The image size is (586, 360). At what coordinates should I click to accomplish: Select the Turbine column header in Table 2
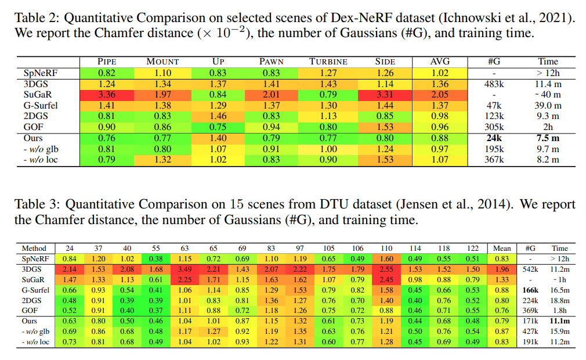click(328, 62)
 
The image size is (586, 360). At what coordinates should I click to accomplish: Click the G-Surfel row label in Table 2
click(36, 105)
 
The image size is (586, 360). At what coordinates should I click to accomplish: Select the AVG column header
click(440, 62)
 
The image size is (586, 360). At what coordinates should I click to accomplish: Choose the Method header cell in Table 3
click(34, 249)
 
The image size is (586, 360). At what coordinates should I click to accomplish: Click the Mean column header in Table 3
click(502, 249)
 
